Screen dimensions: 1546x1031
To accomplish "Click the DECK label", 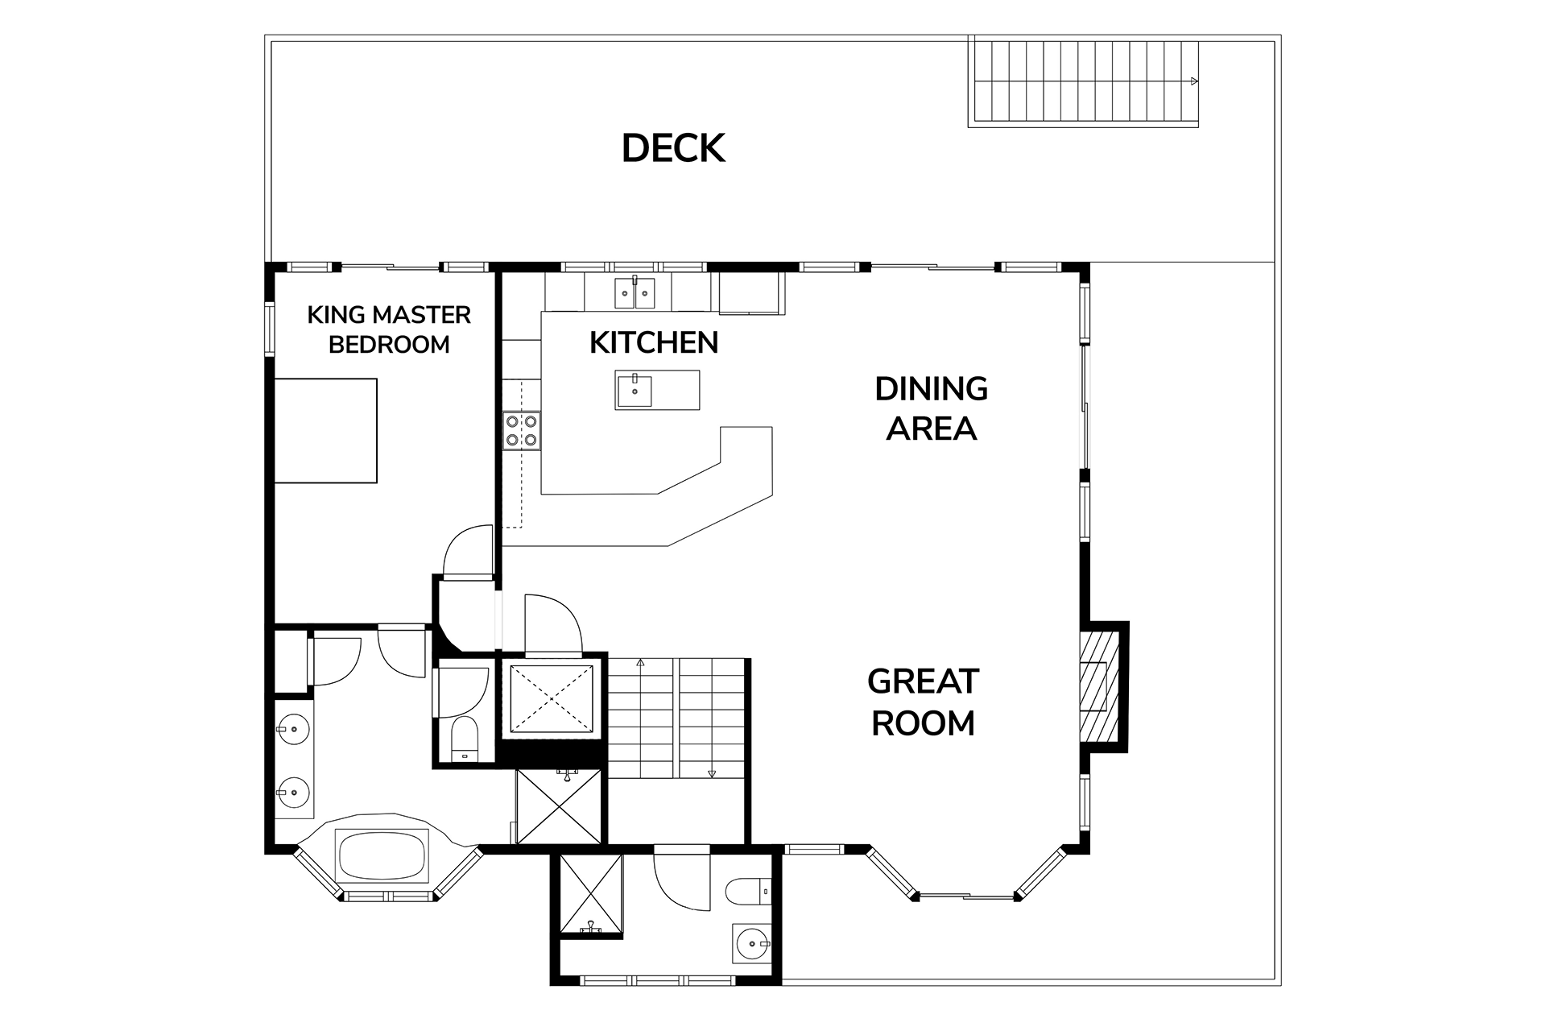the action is point(673,148).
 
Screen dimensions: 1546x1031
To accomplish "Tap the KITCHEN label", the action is point(654,342).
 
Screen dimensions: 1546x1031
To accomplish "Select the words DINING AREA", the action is point(932,408).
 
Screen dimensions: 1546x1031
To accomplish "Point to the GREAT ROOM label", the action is point(923,702).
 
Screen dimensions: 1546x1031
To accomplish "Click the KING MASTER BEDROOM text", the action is point(389,329).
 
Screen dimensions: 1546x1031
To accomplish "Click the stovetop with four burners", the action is point(522,430).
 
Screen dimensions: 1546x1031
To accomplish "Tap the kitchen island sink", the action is point(635,390).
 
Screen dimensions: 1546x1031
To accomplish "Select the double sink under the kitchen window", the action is point(636,293).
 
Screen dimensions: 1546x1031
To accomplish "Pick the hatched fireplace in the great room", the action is point(1099,686).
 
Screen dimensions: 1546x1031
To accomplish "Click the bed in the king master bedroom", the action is point(326,431).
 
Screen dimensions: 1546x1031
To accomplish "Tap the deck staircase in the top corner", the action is point(1084,81).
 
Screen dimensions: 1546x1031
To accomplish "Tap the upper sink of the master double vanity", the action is point(294,730).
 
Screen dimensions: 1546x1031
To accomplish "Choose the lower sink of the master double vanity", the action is point(294,792).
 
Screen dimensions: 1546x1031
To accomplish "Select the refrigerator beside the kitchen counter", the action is point(750,293).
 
